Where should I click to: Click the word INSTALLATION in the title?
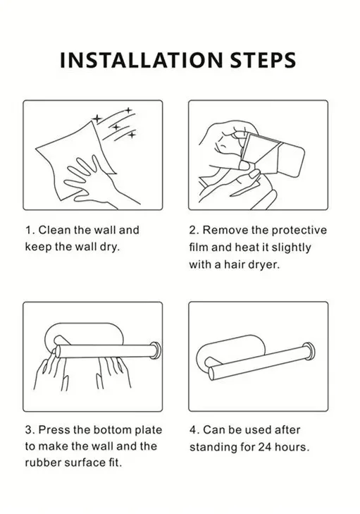142,60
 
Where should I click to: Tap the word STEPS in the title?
263,60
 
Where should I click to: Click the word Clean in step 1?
54,230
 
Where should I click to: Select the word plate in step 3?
149,430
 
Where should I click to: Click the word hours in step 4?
290,447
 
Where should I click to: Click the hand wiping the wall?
95,181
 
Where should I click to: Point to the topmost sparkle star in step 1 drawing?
129,110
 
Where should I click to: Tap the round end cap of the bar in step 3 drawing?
155,350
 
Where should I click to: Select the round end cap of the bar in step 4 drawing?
309,351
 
